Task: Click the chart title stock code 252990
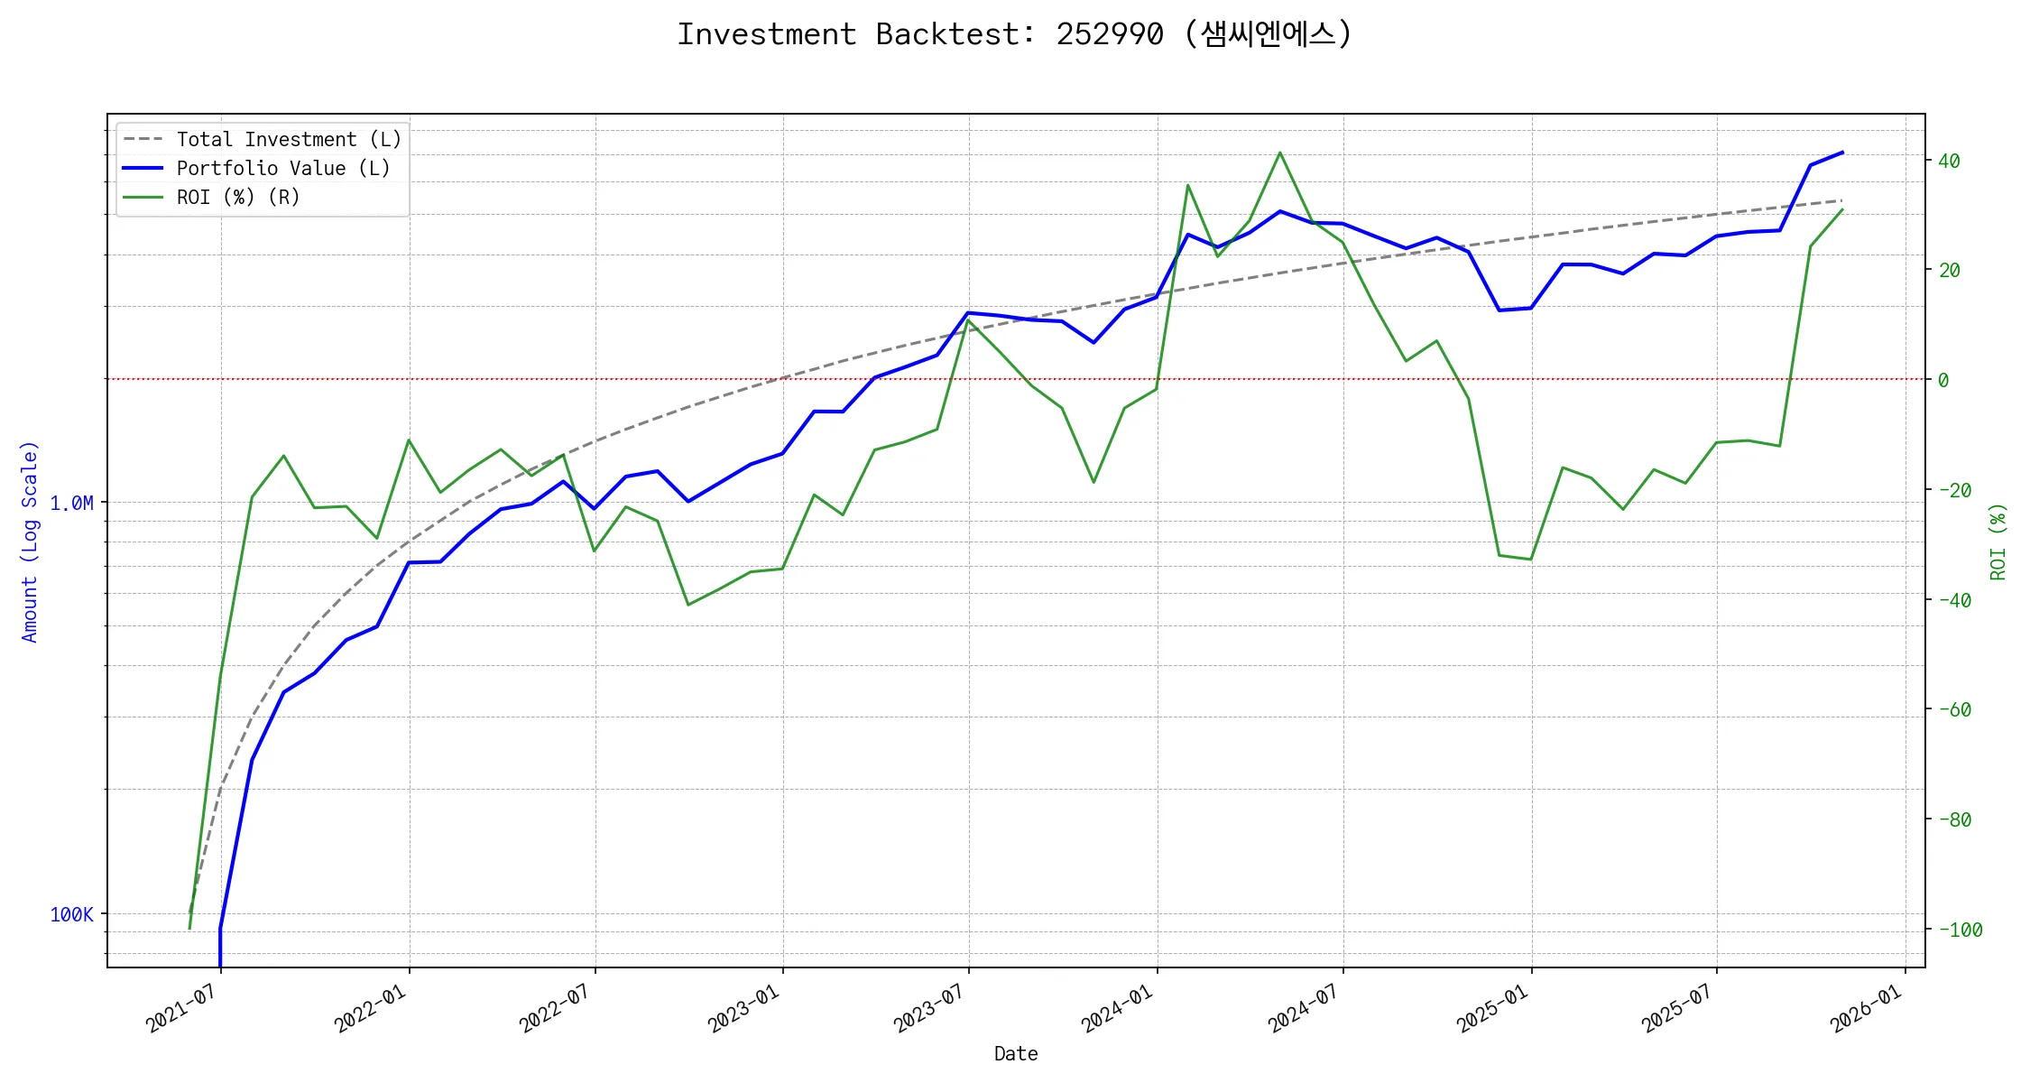(1110, 34)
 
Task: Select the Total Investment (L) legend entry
(288, 140)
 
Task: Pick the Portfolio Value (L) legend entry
(282, 169)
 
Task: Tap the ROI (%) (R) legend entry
(237, 198)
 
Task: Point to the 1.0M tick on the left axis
(71, 504)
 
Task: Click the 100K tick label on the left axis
(71, 915)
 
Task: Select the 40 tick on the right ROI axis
(1949, 162)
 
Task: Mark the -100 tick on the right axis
(1960, 930)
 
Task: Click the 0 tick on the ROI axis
(1943, 381)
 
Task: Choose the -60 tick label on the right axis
(1954, 710)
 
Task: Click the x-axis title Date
(1016, 1054)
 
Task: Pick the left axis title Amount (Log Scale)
(30, 541)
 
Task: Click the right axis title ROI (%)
(1998, 541)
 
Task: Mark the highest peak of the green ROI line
(1280, 153)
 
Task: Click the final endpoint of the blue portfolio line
(1842, 153)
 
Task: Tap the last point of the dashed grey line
(1842, 200)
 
